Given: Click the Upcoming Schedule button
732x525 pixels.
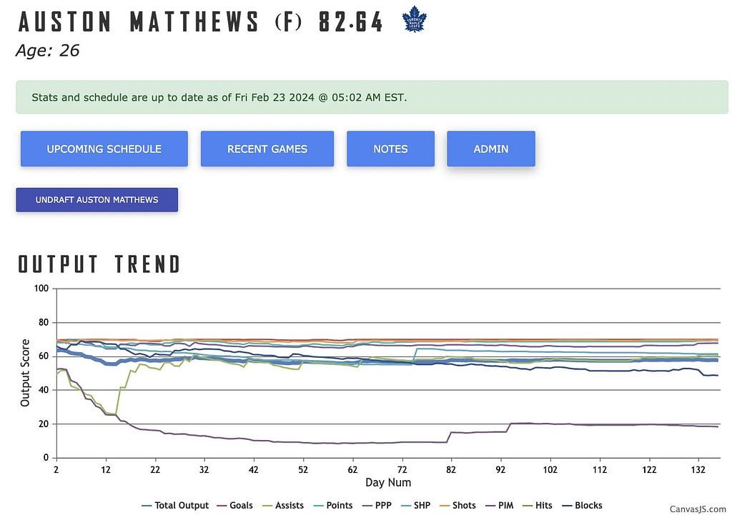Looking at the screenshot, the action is click(104, 149).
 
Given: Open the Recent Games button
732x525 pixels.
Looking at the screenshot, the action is click(267, 149).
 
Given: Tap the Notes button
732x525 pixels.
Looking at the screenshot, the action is click(390, 149).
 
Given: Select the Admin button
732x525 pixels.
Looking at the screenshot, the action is click(491, 149).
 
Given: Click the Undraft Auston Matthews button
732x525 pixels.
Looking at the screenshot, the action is click(97, 200).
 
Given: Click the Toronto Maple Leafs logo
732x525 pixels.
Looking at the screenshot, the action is click(415, 19).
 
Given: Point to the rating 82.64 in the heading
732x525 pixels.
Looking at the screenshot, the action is click(350, 21).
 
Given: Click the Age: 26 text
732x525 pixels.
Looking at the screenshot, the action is click(48, 51).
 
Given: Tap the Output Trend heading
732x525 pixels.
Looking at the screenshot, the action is click(99, 264).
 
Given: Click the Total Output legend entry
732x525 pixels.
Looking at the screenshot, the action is click(175, 506).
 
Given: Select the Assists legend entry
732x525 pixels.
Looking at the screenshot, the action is click(283, 506).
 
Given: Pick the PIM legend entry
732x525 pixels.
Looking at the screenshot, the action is click(500, 506).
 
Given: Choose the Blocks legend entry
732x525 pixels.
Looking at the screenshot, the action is click(582, 506).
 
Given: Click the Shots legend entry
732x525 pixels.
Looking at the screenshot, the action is click(458, 506).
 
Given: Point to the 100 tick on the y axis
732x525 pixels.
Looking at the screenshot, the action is click(41, 289).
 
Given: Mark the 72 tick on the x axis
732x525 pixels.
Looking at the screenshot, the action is click(402, 469).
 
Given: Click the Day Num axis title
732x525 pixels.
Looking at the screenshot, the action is click(388, 483).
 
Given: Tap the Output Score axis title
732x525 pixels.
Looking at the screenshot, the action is click(25, 373).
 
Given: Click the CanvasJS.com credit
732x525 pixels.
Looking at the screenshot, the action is click(698, 509).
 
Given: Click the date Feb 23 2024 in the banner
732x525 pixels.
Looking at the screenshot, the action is click(282, 98).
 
